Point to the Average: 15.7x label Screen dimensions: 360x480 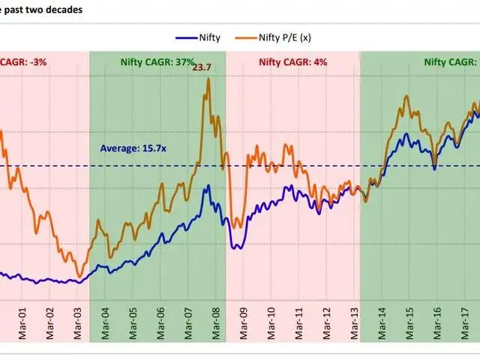coord(133,148)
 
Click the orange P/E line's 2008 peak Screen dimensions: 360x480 coord(208,79)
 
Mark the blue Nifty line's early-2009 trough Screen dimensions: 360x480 coord(236,247)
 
